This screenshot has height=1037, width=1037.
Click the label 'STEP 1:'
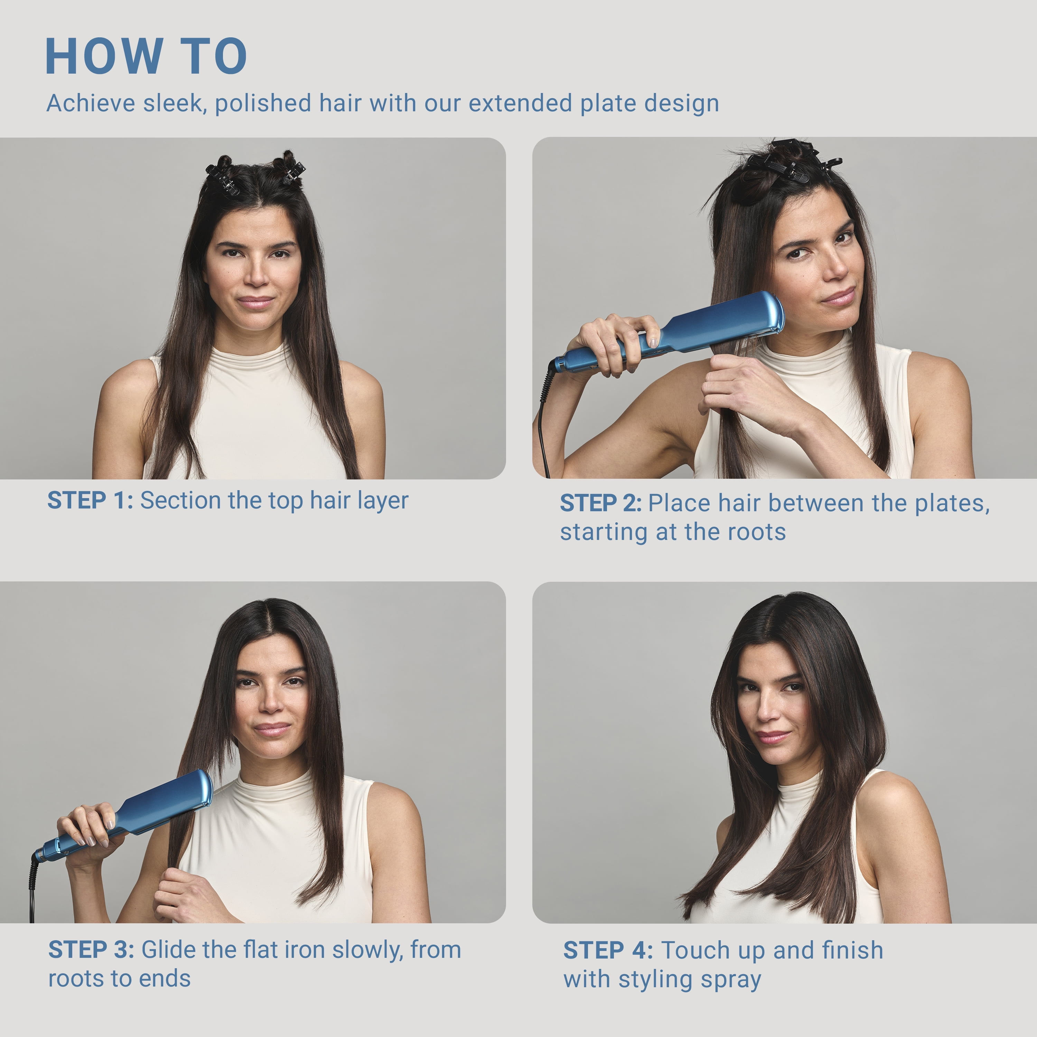(x=90, y=500)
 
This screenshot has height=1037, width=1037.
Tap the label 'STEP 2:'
(x=601, y=503)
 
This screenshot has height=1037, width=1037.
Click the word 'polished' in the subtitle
(x=262, y=103)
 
